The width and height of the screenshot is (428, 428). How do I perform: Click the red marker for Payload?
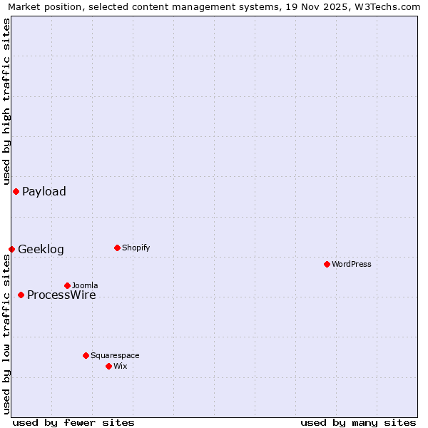(x=16, y=191)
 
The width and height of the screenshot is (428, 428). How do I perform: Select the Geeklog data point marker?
(x=11, y=249)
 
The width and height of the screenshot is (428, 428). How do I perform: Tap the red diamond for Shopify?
(x=117, y=248)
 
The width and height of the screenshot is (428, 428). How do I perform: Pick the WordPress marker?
(x=327, y=264)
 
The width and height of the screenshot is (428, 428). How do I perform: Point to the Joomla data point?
(x=67, y=285)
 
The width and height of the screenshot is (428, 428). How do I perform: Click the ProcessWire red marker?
(x=21, y=295)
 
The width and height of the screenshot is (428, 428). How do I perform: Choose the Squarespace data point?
(x=86, y=355)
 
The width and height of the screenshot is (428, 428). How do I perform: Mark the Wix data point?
(x=108, y=366)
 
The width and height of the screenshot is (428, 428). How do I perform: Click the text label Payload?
(x=44, y=191)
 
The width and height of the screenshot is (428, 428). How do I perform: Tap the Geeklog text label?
(x=41, y=249)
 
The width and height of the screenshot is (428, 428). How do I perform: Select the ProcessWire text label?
(x=61, y=295)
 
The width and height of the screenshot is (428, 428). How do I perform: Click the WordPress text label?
(x=352, y=264)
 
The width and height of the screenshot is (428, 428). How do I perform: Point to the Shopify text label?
(x=136, y=248)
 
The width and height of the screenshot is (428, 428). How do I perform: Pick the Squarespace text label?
(x=115, y=355)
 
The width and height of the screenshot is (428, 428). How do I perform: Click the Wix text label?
(x=120, y=366)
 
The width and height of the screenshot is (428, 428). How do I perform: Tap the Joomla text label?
(x=85, y=285)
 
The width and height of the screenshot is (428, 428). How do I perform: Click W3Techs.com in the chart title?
(x=387, y=6)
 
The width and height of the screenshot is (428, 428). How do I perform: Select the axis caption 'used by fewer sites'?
(x=73, y=422)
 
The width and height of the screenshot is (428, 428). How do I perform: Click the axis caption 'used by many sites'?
(x=358, y=422)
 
